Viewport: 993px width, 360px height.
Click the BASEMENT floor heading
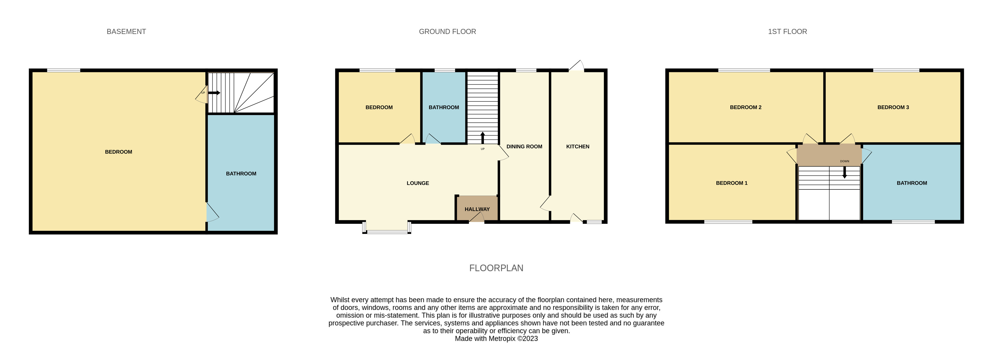[x=126, y=32]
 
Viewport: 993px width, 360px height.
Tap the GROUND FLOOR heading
[x=447, y=32]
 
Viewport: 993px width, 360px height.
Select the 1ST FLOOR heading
[x=787, y=32]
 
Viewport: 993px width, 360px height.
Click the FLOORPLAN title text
[x=496, y=268]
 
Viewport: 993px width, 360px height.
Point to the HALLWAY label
[x=477, y=209]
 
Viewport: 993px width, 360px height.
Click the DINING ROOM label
[x=524, y=146]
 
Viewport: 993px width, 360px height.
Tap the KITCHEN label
[x=577, y=146]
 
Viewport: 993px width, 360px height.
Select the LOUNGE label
[x=417, y=183]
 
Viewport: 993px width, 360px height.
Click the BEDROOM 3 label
[x=893, y=107]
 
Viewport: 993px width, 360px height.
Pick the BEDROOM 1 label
[x=731, y=183]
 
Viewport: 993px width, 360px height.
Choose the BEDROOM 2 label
[x=745, y=107]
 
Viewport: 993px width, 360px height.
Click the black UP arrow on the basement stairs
[x=214, y=93]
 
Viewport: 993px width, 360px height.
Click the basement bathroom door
[x=212, y=213]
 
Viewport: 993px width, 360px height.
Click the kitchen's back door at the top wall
[x=576, y=67]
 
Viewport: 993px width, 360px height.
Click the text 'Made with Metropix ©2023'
[x=496, y=339]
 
